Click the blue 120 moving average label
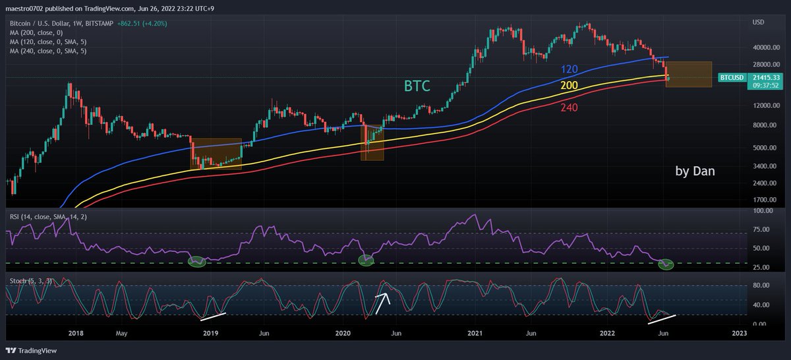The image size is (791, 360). click(x=569, y=69)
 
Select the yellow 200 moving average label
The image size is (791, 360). click(x=570, y=86)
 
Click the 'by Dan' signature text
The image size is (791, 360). click(x=695, y=171)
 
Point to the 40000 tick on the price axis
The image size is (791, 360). click(x=763, y=47)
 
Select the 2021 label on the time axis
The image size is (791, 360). click(x=475, y=334)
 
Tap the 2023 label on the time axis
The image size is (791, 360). click(x=740, y=334)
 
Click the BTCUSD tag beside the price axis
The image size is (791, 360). click(x=732, y=78)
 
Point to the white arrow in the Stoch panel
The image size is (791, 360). click(x=382, y=303)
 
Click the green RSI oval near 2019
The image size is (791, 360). click(x=196, y=262)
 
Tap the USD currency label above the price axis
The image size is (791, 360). click(x=758, y=22)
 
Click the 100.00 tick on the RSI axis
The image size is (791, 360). click(x=763, y=211)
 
